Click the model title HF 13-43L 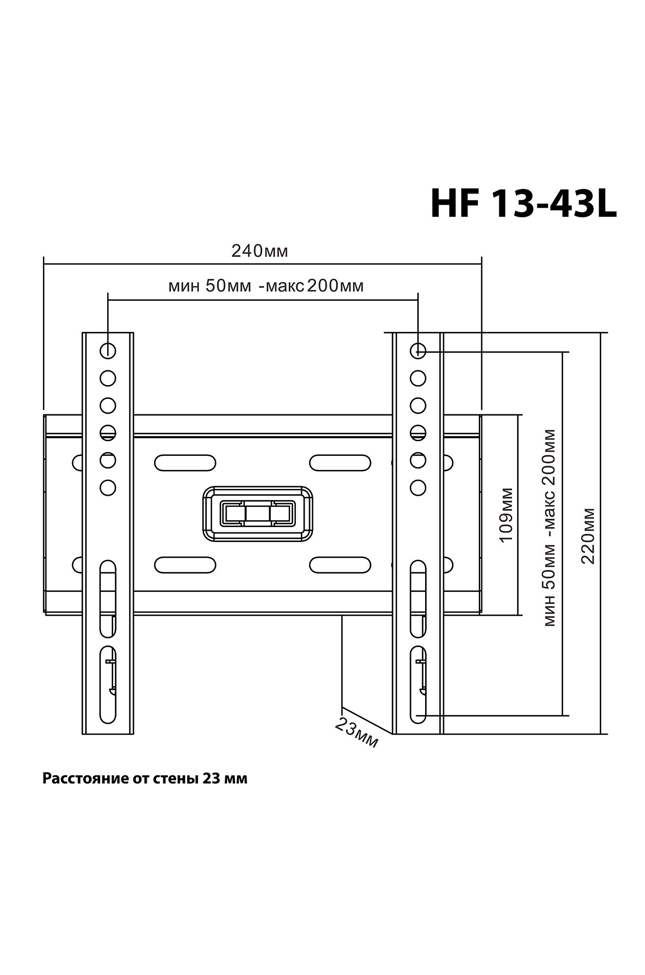pos(523,204)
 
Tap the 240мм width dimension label pos(259,251)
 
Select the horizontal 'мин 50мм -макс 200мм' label pos(266,286)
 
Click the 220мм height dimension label pos(588,536)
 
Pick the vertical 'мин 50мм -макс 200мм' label pos(549,527)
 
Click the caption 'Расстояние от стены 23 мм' pos(145,779)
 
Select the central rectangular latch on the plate pos(257,514)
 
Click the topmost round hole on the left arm pos(108,351)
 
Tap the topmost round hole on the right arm pos(418,351)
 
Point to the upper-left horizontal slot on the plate pos(185,463)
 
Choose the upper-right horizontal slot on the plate pos(340,463)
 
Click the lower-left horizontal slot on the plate pos(185,565)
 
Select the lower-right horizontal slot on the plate pos(340,565)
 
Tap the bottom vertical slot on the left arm pos(108,684)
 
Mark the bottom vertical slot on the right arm pos(418,684)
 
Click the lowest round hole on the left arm pos(108,487)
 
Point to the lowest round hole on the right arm pos(418,487)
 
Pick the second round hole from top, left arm pos(108,378)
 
